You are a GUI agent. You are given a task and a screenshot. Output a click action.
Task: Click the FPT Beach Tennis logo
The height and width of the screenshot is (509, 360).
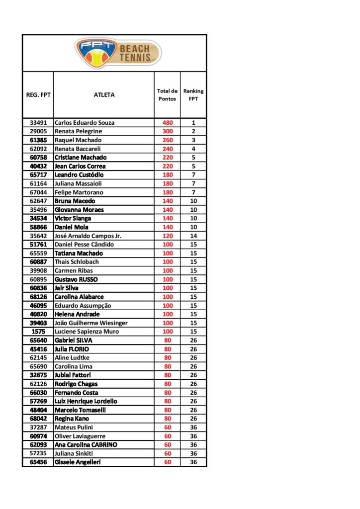pyautogui.click(x=118, y=53)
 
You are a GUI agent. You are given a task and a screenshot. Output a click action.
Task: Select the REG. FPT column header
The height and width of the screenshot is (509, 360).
pyautogui.click(x=38, y=95)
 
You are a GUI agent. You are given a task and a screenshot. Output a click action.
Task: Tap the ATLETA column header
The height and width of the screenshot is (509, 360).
pyautogui.click(x=104, y=95)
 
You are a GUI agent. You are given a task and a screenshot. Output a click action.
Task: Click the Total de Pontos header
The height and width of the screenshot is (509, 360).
pyautogui.click(x=167, y=95)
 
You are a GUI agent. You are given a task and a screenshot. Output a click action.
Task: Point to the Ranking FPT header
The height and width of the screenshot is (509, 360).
pyautogui.click(x=193, y=95)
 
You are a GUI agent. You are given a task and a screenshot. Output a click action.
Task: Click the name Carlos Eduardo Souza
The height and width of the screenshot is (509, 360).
pyautogui.click(x=84, y=123)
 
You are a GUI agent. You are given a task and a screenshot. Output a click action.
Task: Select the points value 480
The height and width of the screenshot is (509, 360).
pyautogui.click(x=167, y=123)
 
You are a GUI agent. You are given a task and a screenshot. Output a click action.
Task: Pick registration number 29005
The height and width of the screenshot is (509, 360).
pyautogui.click(x=38, y=131)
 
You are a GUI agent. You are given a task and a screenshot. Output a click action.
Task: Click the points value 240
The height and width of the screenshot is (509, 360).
pyautogui.click(x=167, y=149)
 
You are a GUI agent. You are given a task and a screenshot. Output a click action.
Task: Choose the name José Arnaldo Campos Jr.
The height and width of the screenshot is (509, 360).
pyautogui.click(x=88, y=236)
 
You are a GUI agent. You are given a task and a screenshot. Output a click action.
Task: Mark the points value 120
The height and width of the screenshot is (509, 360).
pyautogui.click(x=167, y=236)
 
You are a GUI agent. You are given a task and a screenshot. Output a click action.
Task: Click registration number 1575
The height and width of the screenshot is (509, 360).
pyautogui.click(x=38, y=332)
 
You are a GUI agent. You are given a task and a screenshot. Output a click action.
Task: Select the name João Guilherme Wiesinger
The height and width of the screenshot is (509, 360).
pyautogui.click(x=91, y=323)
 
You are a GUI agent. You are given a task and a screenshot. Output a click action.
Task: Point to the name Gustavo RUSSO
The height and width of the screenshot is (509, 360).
pyautogui.click(x=76, y=279)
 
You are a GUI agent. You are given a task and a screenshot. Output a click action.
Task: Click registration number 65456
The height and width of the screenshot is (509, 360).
pyautogui.click(x=38, y=462)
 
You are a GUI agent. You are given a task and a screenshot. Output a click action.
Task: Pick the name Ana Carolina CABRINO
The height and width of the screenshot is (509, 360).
pyautogui.click(x=86, y=445)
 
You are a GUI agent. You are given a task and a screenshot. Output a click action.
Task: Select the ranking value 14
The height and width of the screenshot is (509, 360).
pyautogui.click(x=193, y=236)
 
